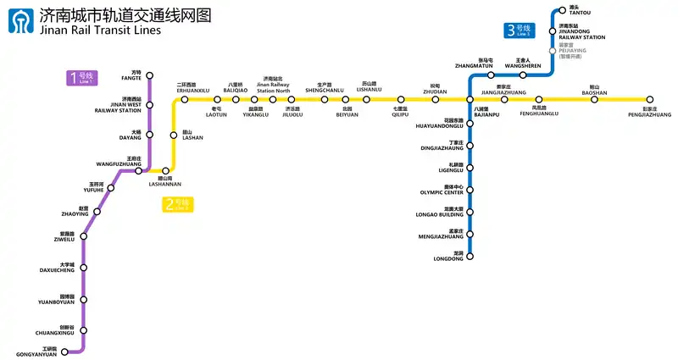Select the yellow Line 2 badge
179,204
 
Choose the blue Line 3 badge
517,30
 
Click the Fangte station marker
149,75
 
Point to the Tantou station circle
561,11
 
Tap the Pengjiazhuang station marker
650,99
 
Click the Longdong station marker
470,256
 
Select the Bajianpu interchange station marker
470,99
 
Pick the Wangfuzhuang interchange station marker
139,171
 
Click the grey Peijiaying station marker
553,50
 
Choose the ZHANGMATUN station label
474,65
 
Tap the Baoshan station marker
594,99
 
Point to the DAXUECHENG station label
58,270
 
